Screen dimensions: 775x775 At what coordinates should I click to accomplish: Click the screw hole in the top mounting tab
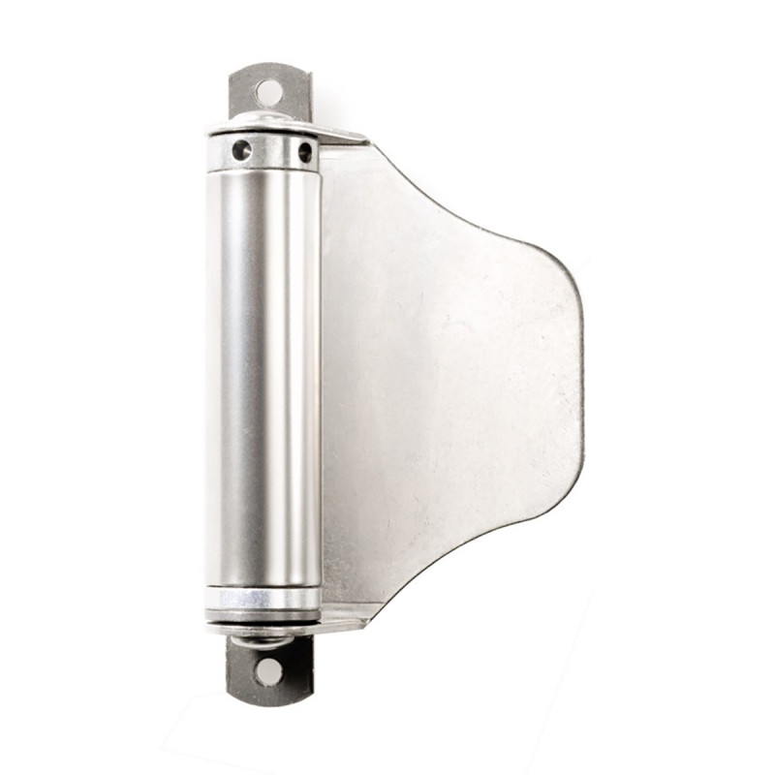tap(269, 93)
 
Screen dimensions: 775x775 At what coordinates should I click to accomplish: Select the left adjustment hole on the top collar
tap(240, 150)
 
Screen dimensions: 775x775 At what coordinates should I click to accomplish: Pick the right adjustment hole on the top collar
tap(305, 152)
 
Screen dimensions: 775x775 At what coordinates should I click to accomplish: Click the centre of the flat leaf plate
tap(446, 387)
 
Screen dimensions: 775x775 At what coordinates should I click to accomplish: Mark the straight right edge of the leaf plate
tap(582, 378)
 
